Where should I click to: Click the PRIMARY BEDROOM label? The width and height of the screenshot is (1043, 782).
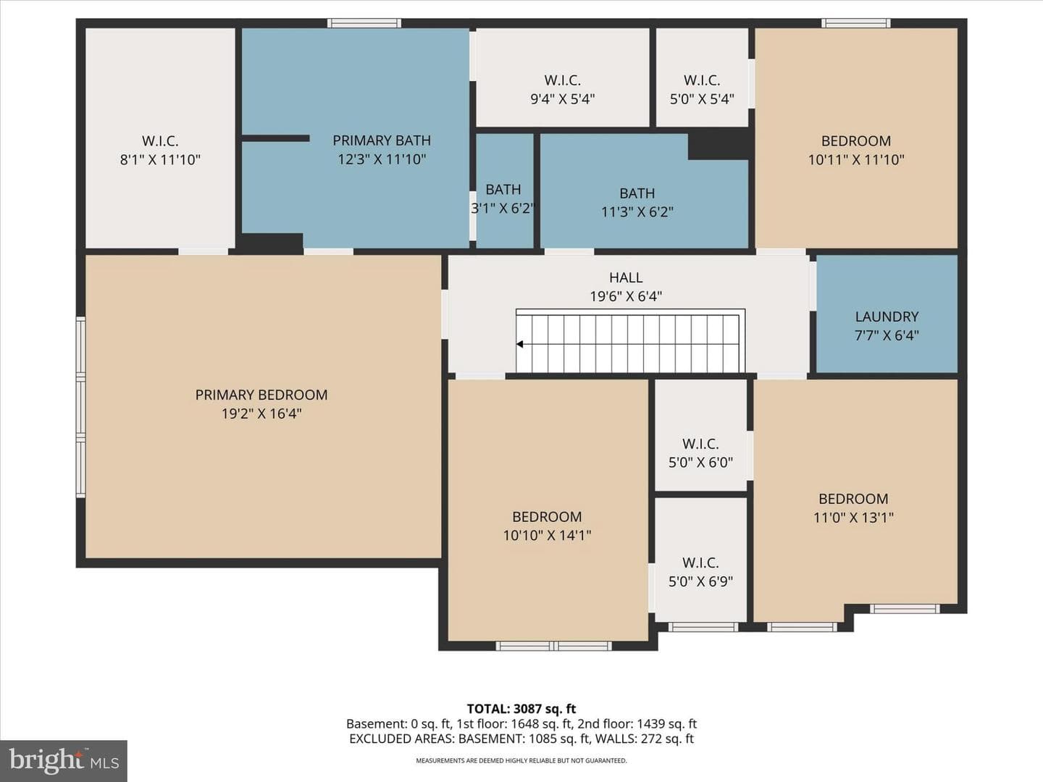pos(261,395)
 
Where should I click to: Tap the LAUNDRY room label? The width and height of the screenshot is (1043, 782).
pos(887,316)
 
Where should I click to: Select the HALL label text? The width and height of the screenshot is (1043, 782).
pos(626,277)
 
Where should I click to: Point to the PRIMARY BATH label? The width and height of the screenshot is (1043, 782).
pos(382,140)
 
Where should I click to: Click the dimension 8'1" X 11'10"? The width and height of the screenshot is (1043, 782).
pos(160,159)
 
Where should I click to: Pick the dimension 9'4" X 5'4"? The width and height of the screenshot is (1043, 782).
pos(563,98)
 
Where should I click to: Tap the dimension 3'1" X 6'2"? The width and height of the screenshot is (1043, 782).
pos(503,208)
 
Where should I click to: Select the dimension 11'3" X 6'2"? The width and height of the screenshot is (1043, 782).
pos(637,211)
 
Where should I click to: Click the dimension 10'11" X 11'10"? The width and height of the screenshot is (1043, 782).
pos(856,159)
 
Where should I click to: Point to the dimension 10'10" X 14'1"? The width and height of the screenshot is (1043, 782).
pos(547,535)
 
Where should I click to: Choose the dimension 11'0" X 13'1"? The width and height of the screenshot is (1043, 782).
pos(853,517)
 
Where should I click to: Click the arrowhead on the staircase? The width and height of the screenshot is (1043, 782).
pos(520,344)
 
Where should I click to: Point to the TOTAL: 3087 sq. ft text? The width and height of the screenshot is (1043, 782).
pos(521,709)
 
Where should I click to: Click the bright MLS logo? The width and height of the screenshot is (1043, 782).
pos(64,761)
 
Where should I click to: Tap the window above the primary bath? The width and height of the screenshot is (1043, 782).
pos(364,22)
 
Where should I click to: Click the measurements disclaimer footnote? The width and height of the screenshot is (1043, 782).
pos(521,760)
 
